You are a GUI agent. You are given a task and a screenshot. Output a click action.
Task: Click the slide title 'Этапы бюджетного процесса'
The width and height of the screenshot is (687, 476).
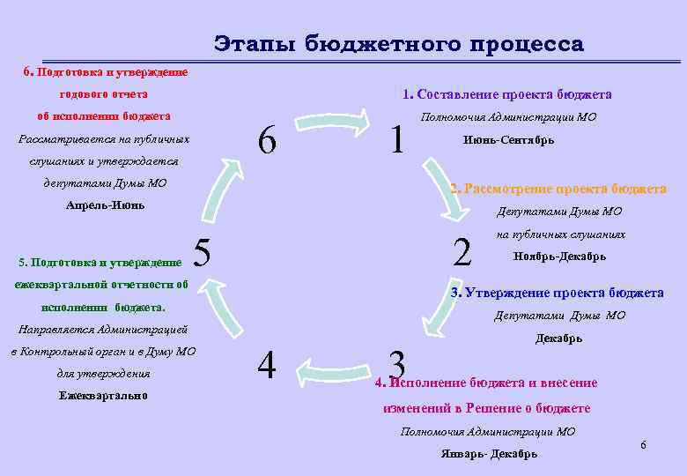click(398, 43)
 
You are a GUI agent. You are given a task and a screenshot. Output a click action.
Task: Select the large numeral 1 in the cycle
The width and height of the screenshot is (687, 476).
click(397, 138)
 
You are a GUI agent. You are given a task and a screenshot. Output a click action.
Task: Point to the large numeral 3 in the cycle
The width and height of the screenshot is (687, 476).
click(397, 364)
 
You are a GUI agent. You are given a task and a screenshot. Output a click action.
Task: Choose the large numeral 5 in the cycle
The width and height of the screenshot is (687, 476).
click(202, 253)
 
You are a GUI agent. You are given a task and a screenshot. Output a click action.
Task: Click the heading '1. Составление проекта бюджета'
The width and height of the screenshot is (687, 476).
click(506, 94)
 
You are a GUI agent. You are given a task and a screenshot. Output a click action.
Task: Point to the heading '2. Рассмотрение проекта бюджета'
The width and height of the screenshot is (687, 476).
click(558, 189)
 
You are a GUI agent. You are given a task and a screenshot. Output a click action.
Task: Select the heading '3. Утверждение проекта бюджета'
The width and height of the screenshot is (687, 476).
click(557, 293)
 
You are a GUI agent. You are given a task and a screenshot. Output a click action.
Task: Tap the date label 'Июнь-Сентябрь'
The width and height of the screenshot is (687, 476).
click(508, 140)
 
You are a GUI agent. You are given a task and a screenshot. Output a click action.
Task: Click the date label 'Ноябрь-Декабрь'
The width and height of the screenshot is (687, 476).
click(559, 257)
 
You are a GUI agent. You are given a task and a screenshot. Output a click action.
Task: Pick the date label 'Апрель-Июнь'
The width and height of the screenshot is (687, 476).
click(105, 205)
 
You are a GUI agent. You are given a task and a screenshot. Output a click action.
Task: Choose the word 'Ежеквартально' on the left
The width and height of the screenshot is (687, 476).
click(103, 395)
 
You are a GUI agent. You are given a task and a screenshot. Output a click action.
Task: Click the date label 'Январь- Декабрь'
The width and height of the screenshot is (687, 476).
click(489, 454)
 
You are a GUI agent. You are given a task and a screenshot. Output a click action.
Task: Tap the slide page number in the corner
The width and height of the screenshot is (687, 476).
click(643, 445)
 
